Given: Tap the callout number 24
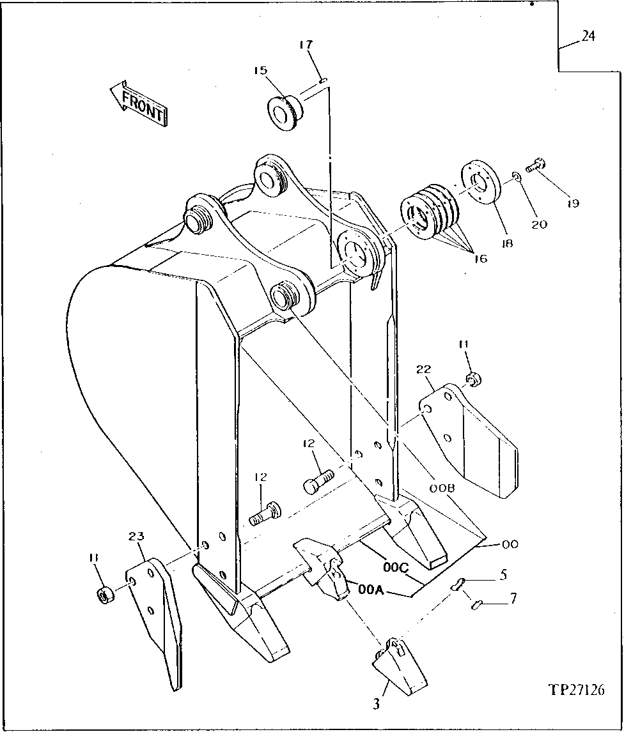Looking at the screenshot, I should coord(588,36).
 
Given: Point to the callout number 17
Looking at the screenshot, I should coord(306,45).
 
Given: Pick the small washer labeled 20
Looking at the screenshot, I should coord(517,176).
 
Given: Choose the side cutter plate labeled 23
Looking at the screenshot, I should coord(156,613).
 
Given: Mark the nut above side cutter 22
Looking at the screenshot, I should coord(474,380).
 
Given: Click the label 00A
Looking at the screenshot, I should coord(371,590).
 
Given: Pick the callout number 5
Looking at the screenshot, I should coord(504,574).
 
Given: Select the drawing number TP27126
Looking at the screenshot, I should coord(576,690).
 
